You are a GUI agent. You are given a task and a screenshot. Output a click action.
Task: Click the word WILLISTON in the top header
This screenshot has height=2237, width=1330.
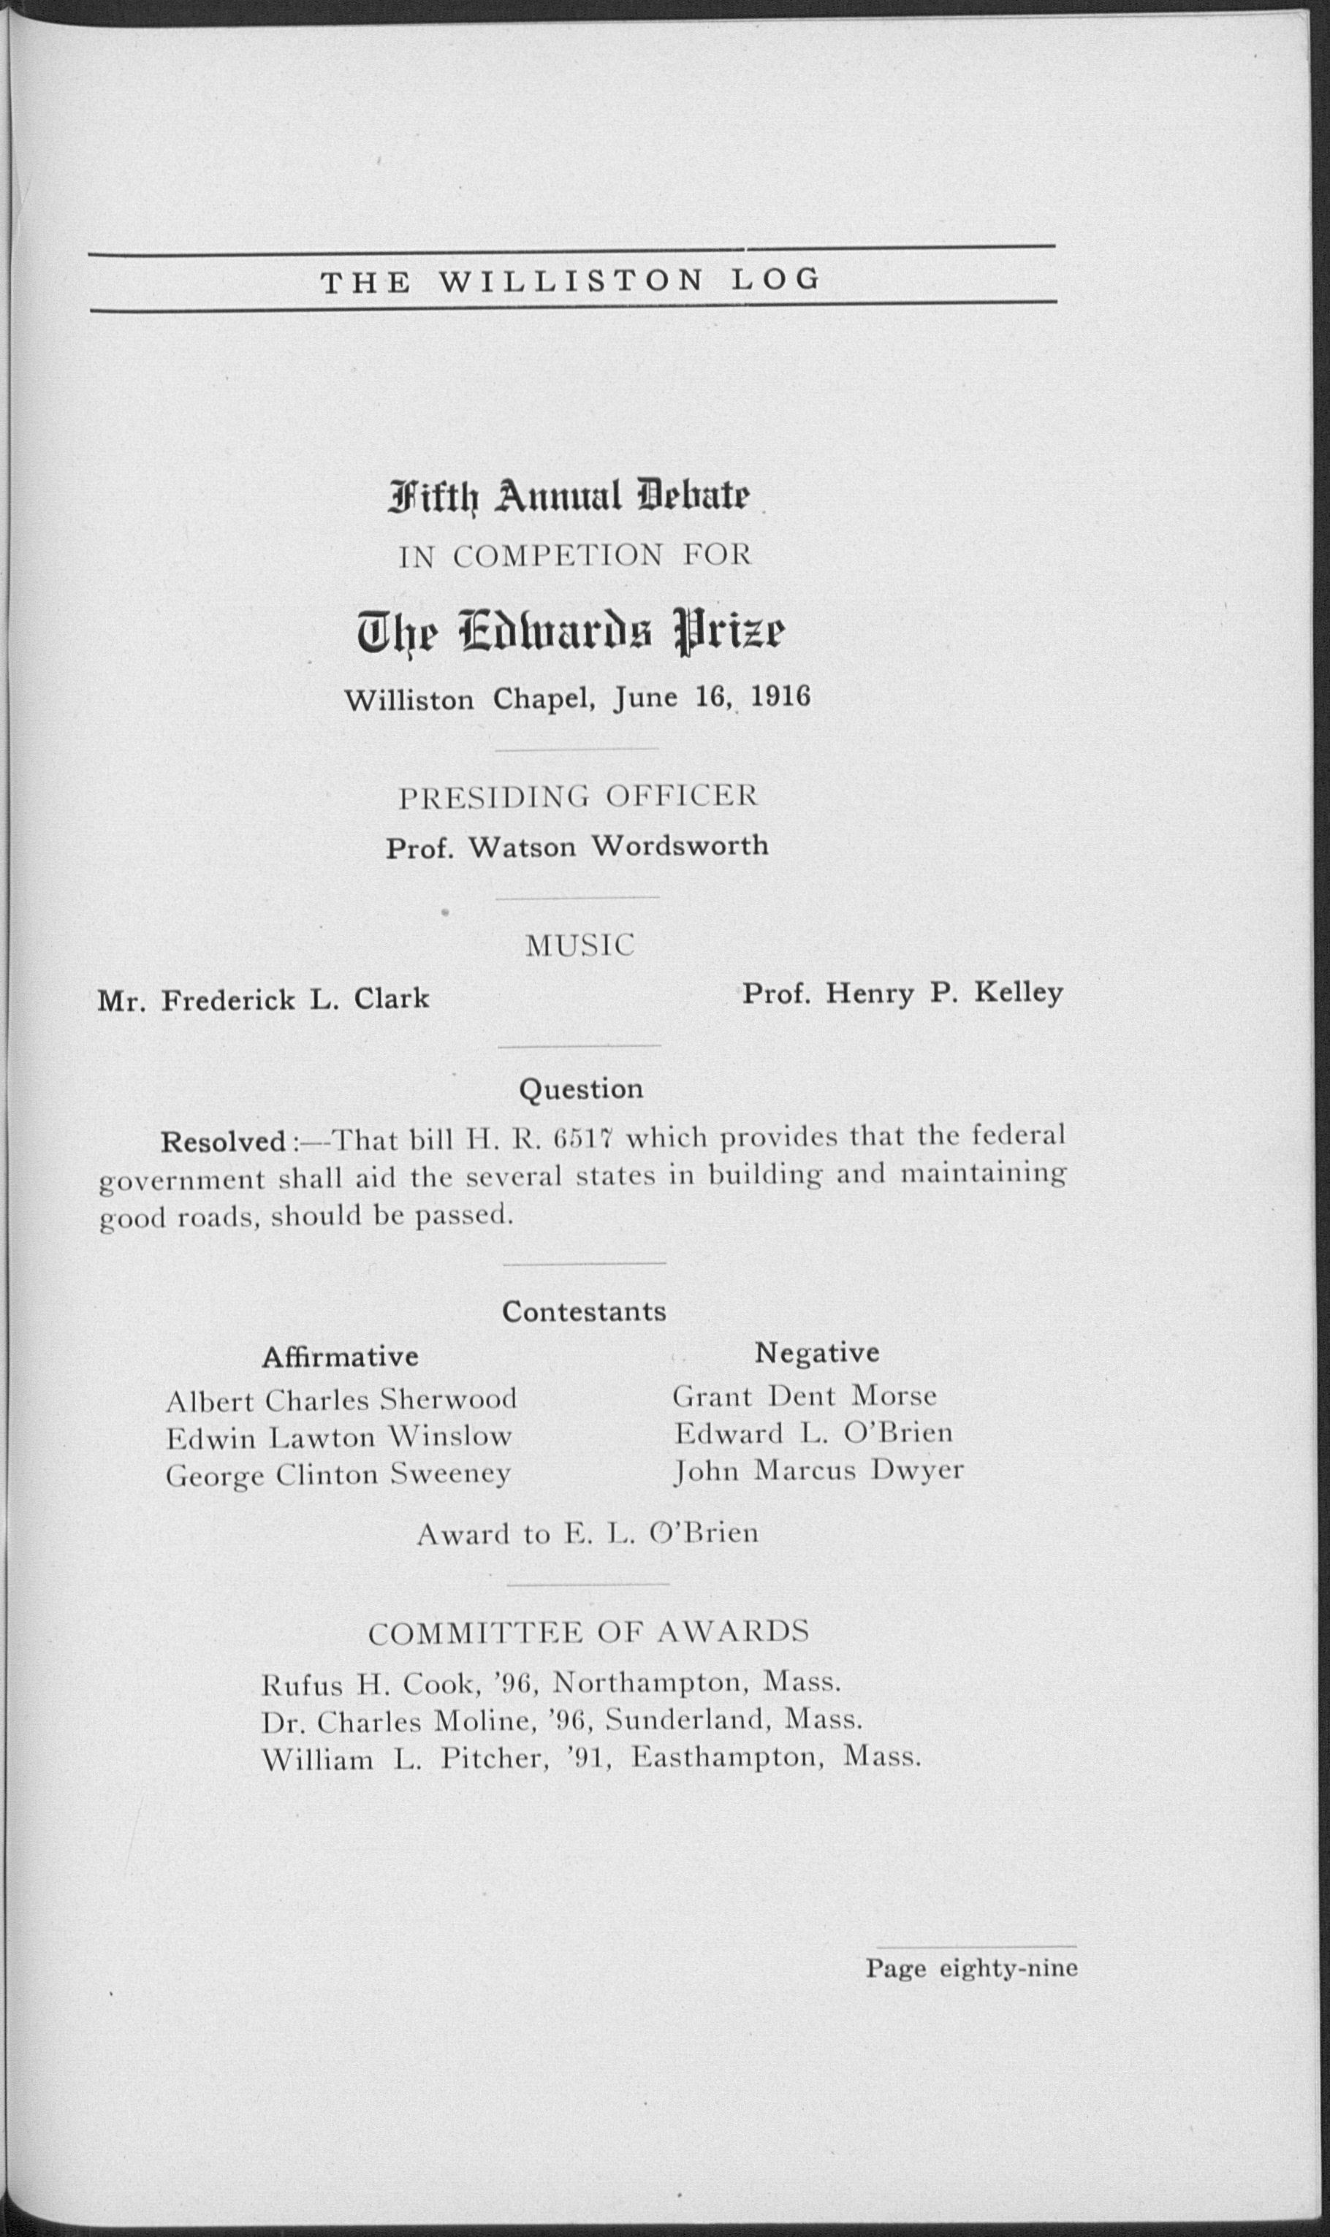click(x=571, y=281)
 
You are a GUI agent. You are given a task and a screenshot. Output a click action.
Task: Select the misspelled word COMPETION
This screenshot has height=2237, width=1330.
click(x=558, y=557)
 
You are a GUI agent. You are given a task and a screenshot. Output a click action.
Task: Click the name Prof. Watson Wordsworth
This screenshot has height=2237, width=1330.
click(x=577, y=847)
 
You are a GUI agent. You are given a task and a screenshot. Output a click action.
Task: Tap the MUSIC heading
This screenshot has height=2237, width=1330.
click(x=579, y=945)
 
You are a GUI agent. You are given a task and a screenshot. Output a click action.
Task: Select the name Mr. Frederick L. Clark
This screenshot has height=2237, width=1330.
click(x=264, y=999)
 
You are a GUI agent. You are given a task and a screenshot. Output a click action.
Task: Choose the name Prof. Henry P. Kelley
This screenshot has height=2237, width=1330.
click(x=902, y=994)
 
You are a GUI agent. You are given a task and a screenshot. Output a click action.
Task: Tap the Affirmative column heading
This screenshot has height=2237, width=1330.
click(x=340, y=1357)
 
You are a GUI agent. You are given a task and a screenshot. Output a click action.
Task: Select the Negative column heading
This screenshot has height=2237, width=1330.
click(x=816, y=1352)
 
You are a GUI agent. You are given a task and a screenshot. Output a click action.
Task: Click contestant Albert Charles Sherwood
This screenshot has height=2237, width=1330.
click(x=341, y=1399)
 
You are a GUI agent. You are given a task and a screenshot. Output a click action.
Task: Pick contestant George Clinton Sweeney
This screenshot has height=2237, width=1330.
click(x=339, y=1474)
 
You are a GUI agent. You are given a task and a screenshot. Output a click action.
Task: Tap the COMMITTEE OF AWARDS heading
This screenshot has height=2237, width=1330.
click(x=589, y=1631)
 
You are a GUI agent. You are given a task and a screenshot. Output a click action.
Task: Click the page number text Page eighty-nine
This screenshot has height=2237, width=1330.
click(x=971, y=1968)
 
